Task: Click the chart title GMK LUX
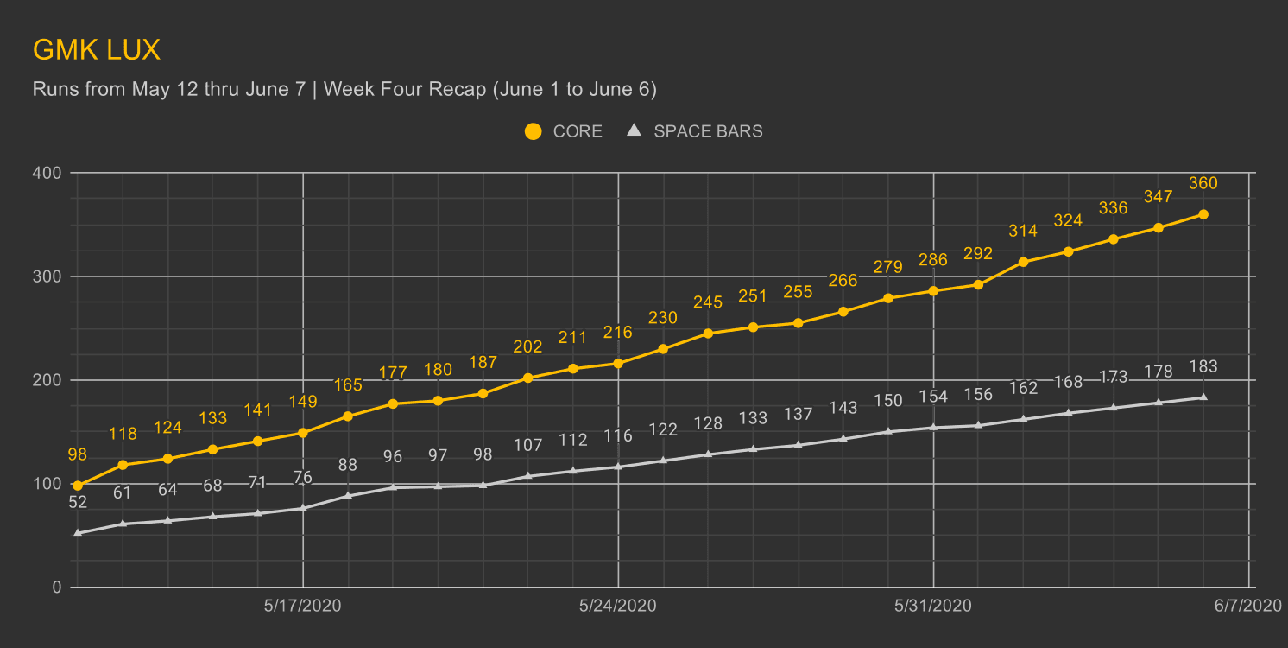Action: tap(97, 50)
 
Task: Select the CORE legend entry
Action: tap(563, 131)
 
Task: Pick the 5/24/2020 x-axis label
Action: tap(618, 607)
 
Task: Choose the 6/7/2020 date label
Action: tap(1248, 607)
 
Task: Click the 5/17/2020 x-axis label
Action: tap(303, 607)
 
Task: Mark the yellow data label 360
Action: tap(1203, 183)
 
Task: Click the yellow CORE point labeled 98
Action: tap(78, 486)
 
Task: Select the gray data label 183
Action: tap(1203, 366)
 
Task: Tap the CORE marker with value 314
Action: tap(1024, 262)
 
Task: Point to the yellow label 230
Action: tap(663, 318)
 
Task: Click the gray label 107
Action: tap(528, 446)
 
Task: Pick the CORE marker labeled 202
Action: tap(528, 378)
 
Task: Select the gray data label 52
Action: tap(78, 502)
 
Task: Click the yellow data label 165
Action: tap(348, 385)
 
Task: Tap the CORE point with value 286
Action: tap(933, 291)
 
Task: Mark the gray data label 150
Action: tap(888, 401)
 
